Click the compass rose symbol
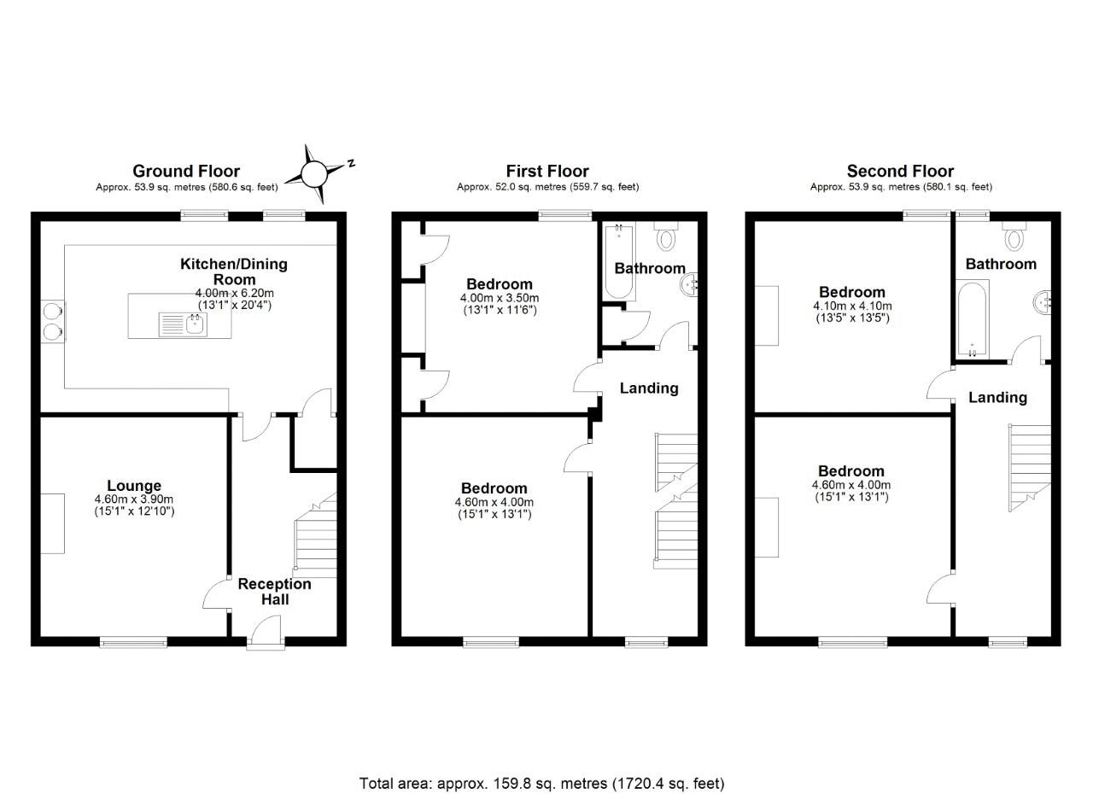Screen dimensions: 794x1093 click(x=314, y=174)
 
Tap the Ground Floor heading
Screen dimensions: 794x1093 click(x=186, y=172)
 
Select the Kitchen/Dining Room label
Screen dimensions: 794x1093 click(x=233, y=271)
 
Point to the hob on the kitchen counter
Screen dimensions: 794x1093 click(x=51, y=321)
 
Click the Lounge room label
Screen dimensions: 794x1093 click(x=134, y=486)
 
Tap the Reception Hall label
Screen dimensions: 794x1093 click(x=274, y=592)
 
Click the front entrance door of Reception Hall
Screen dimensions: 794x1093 click(x=266, y=640)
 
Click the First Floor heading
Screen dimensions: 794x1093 click(x=547, y=172)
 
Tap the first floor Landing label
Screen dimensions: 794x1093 click(x=649, y=388)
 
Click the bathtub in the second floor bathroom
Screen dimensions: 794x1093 click(x=972, y=319)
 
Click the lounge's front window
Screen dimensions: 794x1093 click(x=134, y=641)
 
